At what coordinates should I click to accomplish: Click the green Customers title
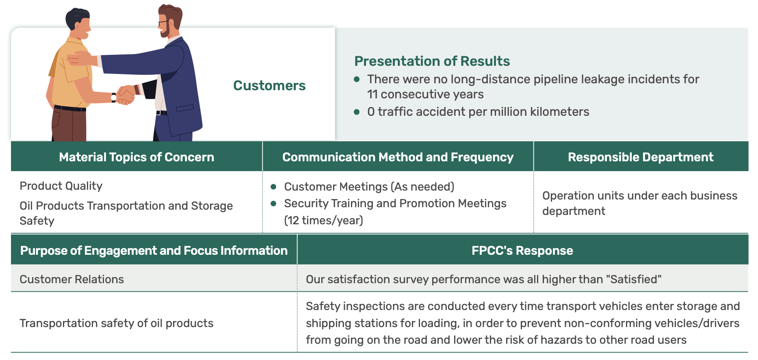click(269, 85)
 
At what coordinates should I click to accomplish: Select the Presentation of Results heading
click(432, 61)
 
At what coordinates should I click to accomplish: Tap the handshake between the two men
click(126, 95)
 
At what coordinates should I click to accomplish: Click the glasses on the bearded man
click(163, 22)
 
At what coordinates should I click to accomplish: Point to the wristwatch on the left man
click(114, 98)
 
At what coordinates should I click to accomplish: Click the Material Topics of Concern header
click(136, 157)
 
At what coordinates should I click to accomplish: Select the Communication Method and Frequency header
click(398, 157)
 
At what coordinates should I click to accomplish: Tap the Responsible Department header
click(641, 157)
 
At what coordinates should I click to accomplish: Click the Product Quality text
click(61, 186)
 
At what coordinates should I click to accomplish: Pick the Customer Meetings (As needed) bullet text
click(369, 187)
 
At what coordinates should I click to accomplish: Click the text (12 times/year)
click(323, 220)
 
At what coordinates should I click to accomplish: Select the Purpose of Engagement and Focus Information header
click(154, 251)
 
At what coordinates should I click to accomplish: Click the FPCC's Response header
click(522, 251)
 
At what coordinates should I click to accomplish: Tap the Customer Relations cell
click(71, 279)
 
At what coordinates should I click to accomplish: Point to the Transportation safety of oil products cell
click(117, 323)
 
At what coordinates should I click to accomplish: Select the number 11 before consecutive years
click(373, 94)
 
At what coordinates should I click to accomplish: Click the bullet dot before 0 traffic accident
click(357, 112)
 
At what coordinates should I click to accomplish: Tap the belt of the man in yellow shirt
click(70, 108)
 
